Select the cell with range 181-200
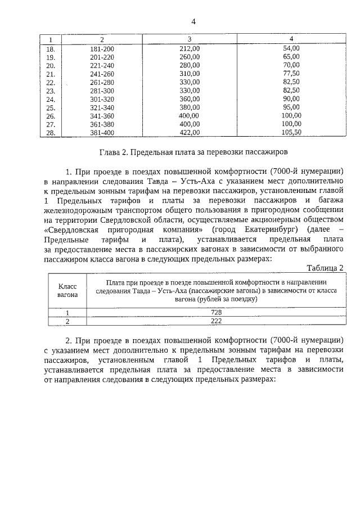(x=102, y=48)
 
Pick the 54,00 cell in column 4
(x=291, y=48)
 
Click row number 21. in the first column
(x=50, y=74)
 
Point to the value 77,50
(x=291, y=74)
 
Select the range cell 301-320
(x=102, y=99)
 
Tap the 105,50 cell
(x=291, y=133)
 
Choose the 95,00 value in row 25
(x=291, y=107)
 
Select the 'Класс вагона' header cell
(x=67, y=290)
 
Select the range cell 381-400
(x=102, y=133)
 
